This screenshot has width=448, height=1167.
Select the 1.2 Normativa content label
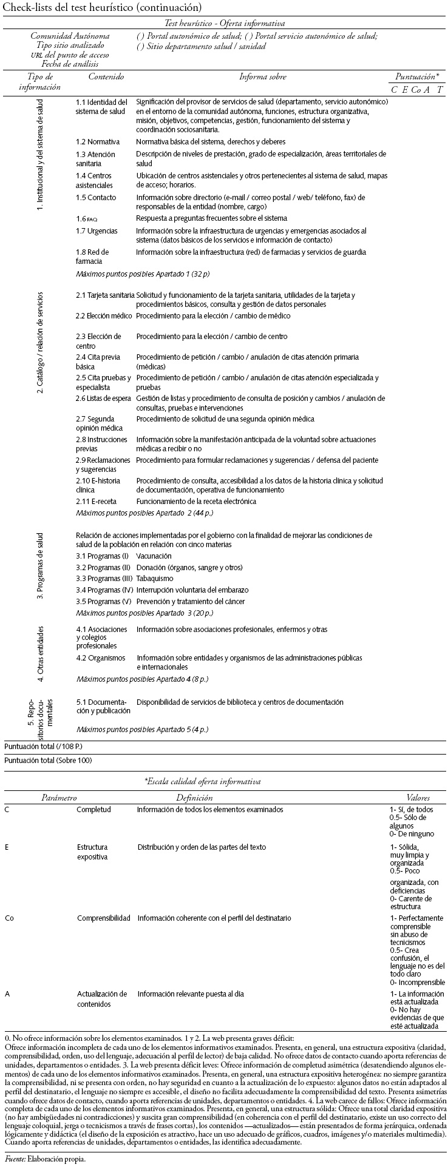(x=98, y=141)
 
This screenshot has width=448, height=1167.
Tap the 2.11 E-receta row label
(x=96, y=502)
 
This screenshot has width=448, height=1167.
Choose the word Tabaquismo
(x=153, y=579)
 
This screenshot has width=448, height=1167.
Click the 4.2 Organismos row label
(x=100, y=658)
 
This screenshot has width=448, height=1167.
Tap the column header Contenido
(x=106, y=77)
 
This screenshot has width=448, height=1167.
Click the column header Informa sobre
(x=262, y=77)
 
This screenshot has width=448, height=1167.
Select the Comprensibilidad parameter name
(x=103, y=918)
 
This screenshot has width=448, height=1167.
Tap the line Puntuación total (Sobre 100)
(x=48, y=760)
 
